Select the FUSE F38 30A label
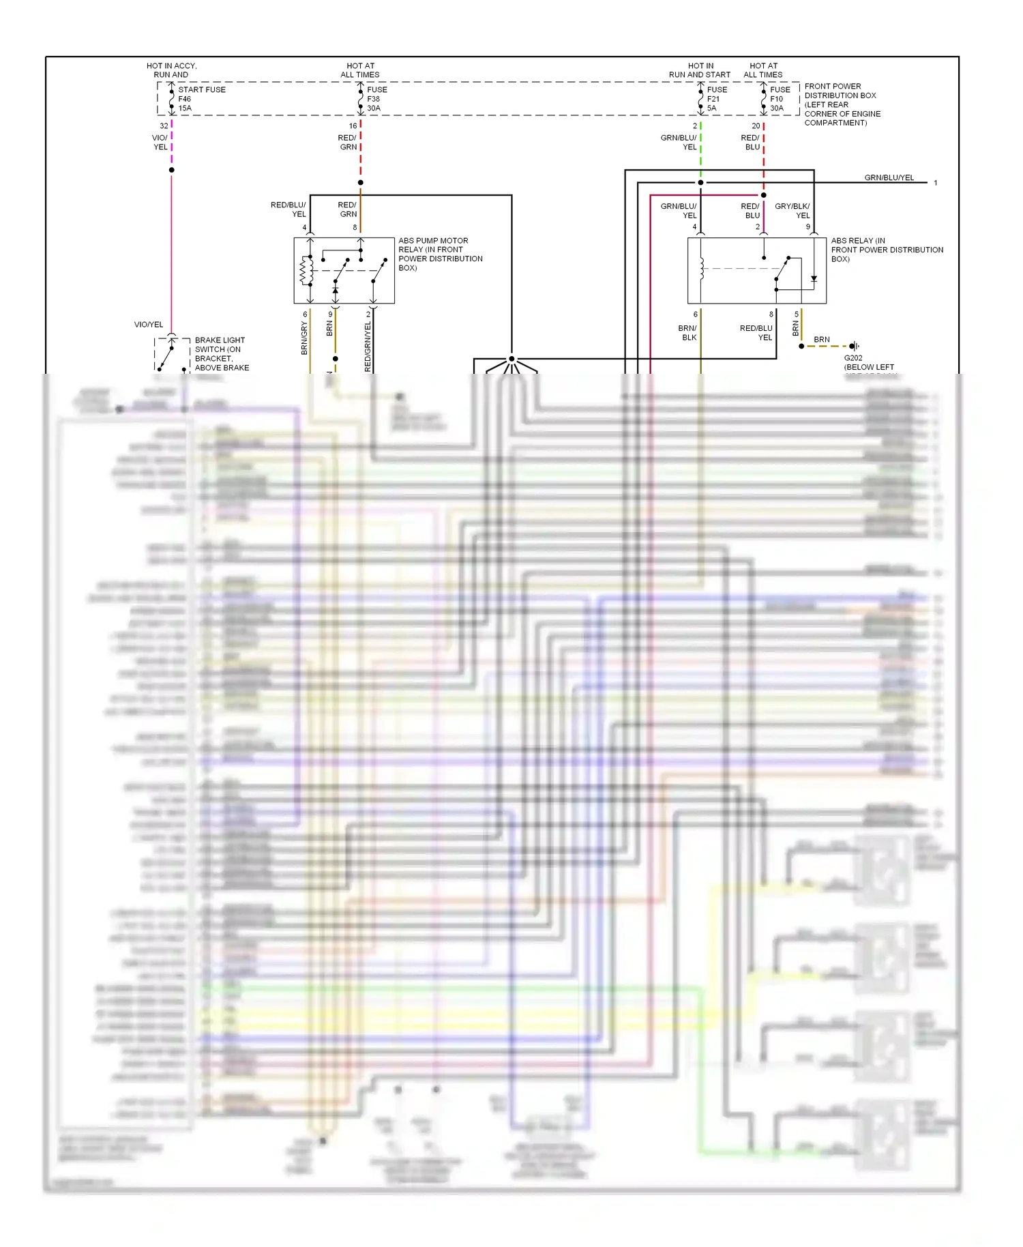376,99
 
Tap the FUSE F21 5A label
716,99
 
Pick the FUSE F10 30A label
780,99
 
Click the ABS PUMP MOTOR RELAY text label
440,254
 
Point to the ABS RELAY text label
886,250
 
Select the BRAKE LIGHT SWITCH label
222,353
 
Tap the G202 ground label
853,358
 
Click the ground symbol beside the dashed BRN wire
855,347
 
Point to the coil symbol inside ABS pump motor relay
306,271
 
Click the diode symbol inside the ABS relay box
814,278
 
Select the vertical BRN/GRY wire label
304,338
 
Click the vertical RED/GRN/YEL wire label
368,347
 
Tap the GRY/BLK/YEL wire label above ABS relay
792,210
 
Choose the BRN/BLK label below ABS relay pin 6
687,333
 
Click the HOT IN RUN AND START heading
700,70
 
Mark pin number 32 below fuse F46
164,126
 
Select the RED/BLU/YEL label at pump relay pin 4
288,209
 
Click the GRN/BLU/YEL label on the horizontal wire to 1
889,177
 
